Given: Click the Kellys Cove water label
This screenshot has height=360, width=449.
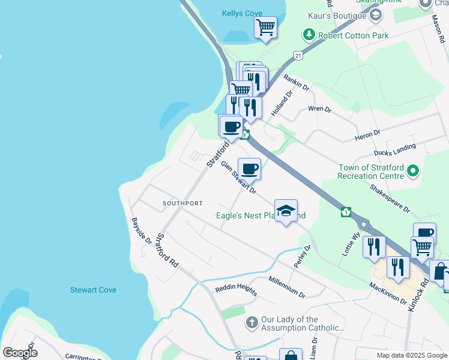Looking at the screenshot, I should (242, 13).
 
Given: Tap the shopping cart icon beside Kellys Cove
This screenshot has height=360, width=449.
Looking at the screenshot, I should (265, 27).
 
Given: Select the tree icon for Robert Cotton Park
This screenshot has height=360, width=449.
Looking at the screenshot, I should (309, 35).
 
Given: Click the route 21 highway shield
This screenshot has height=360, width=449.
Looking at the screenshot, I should (298, 55).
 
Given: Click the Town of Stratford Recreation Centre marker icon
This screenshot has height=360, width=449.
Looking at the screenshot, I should (412, 172).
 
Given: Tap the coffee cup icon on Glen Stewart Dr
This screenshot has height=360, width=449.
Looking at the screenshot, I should (249, 168).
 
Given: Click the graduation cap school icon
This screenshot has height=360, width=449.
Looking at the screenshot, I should (286, 211).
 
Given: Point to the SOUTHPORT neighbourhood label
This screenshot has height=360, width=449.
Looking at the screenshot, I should (182, 203).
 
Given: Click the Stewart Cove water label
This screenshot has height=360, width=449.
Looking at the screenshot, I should (93, 290).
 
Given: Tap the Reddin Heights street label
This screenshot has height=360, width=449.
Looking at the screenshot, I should (237, 287).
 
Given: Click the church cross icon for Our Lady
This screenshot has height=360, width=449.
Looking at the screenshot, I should (252, 323).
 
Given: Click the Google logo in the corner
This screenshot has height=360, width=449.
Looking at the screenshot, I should (20, 353).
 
